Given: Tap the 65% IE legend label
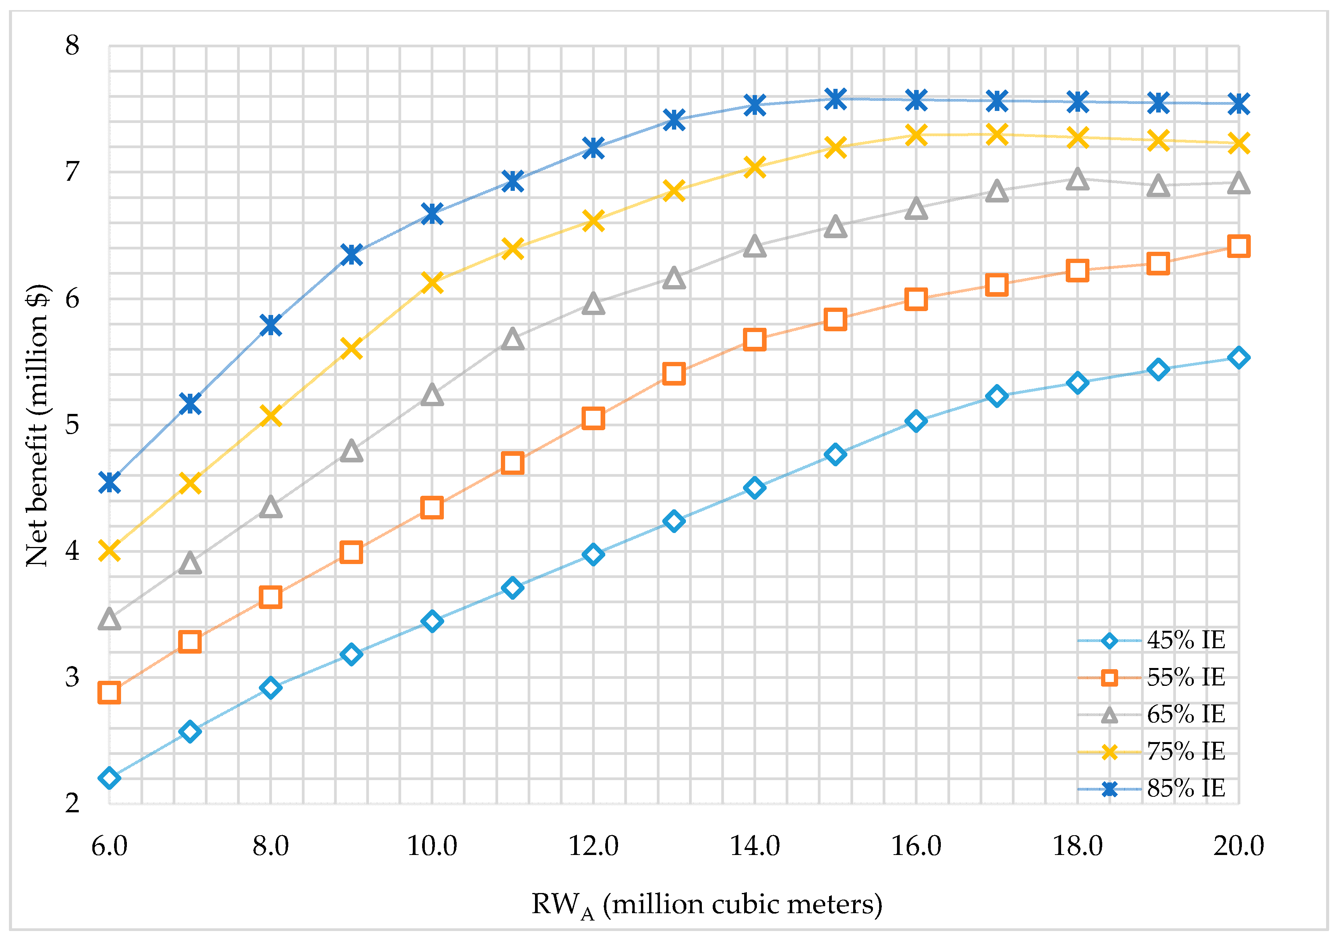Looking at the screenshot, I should [1186, 714].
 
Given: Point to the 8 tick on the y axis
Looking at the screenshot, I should [72, 45].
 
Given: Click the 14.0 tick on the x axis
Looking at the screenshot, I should [755, 846].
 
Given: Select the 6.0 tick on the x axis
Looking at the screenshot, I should [109, 846].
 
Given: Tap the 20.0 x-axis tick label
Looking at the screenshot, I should [1238, 846].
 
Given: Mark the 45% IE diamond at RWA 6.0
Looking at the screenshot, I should [109, 778].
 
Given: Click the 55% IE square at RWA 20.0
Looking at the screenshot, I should [1238, 246].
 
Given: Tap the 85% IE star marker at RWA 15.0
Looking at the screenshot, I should [836, 99].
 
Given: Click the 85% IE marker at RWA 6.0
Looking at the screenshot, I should [109, 482].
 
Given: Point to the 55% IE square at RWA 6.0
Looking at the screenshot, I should [109, 692].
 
